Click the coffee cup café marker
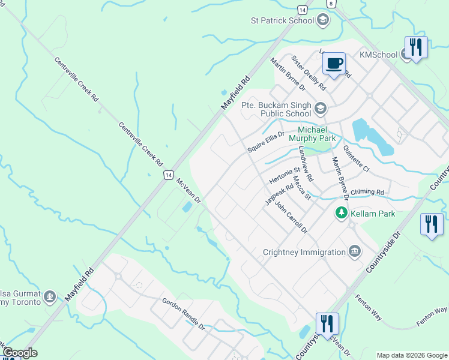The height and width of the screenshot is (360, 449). coord(334,63)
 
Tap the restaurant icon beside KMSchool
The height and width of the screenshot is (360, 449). coord(416,46)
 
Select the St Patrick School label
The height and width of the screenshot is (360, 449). coord(282,20)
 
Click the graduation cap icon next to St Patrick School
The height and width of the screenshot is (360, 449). coord(324,21)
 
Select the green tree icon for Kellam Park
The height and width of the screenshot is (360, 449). coord(341,212)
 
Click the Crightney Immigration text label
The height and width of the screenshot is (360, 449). coord(304,252)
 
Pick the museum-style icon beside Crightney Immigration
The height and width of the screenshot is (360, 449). coord(355,251)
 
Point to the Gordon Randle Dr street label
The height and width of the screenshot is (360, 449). coord(183,314)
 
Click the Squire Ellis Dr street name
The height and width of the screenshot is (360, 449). coord(266,142)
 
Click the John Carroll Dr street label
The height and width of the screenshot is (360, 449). coord(291,217)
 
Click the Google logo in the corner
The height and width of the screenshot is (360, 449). coord(20,353)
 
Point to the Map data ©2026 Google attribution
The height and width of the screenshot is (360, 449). coord(412,355)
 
